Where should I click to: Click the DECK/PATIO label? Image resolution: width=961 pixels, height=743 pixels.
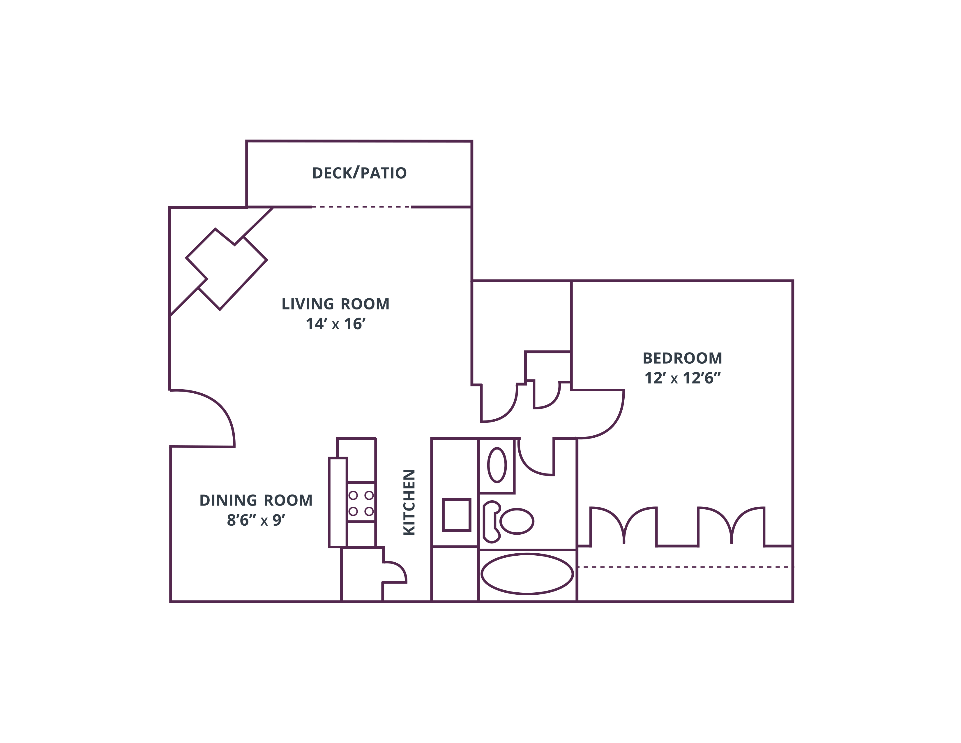359,173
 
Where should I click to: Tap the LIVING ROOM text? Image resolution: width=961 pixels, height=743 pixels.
335,304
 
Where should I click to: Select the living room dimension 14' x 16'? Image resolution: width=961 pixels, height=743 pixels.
335,324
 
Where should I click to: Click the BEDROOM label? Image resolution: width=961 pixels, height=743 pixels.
683,358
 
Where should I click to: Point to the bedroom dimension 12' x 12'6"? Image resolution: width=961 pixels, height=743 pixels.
683,378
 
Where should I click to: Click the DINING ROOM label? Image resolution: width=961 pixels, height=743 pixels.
256,501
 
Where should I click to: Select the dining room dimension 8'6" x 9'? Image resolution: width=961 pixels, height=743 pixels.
256,520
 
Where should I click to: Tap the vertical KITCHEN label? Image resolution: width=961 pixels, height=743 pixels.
409,502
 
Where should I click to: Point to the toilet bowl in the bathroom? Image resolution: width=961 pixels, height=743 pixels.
517,521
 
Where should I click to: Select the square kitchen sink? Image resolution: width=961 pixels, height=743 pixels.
456,515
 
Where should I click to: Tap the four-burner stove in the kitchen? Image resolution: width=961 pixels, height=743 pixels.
361,502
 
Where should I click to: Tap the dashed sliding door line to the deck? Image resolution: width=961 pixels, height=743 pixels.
361,207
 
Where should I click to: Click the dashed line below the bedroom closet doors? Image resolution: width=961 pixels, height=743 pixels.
685,567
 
